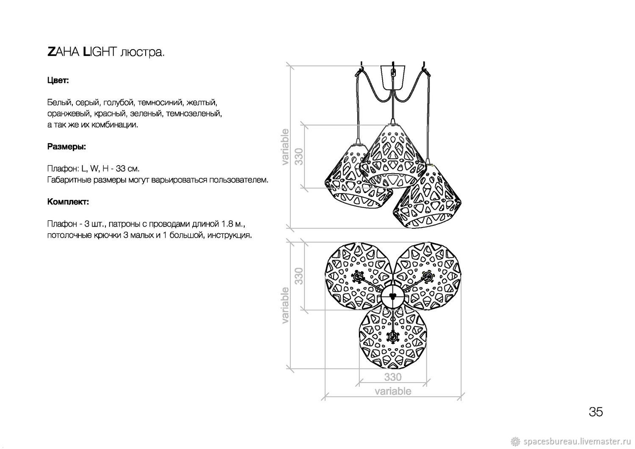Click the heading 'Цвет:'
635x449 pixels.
click(58, 80)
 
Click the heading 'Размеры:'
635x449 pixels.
click(66, 147)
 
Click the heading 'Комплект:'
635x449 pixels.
click(68, 202)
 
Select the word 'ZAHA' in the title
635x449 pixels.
click(63, 52)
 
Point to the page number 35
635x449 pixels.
click(596, 412)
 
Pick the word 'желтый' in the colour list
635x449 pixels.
click(202, 102)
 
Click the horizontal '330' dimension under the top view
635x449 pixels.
click(393, 377)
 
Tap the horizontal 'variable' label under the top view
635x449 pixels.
click(393, 391)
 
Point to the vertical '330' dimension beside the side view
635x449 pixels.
click(299, 156)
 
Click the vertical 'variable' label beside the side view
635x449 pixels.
click(285, 147)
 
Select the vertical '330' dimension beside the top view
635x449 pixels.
click(299, 276)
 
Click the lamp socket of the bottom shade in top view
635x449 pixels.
click(392, 337)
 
